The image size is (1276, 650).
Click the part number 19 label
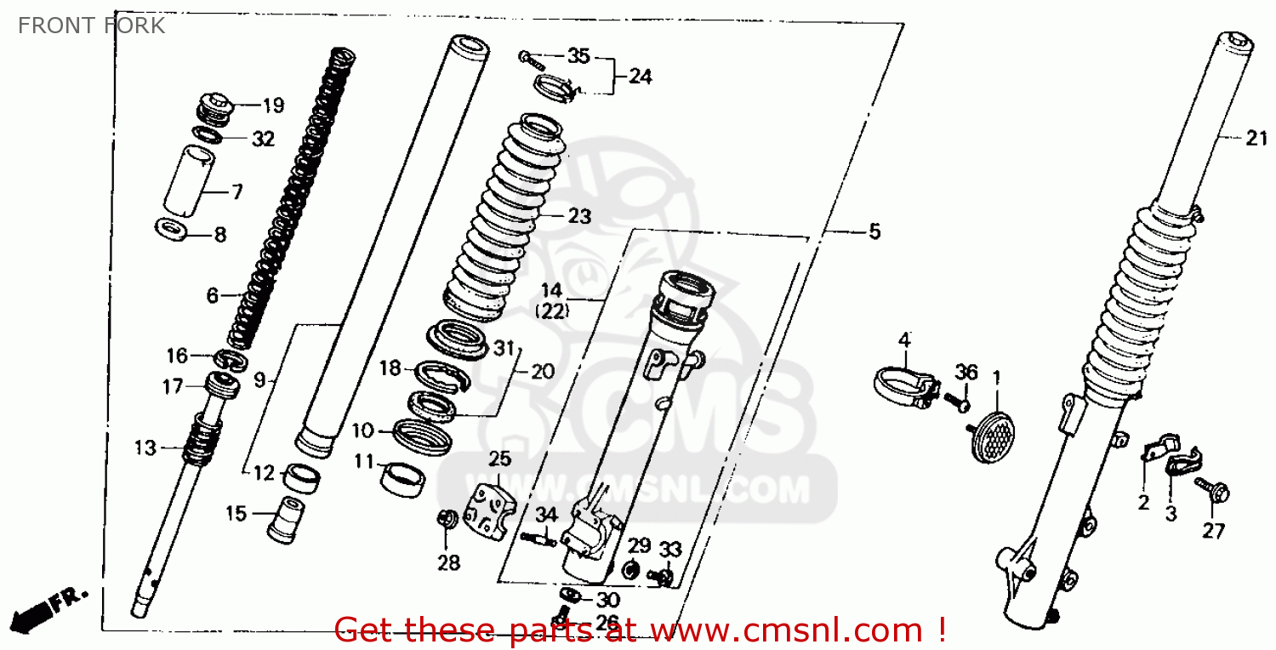272,106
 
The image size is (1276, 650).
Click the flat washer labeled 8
173,229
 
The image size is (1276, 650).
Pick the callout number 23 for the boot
579,217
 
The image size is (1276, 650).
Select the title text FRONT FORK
92,26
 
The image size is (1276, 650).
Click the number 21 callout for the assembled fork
1256,139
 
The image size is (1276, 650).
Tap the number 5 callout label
874,231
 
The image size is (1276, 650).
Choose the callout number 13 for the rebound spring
145,448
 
